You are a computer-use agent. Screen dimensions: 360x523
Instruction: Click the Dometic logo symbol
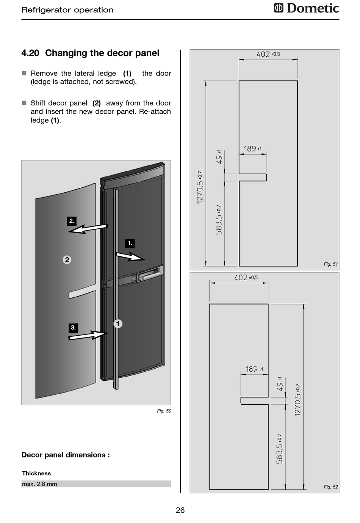click(279, 8)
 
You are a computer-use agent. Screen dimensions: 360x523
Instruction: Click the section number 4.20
click(30, 53)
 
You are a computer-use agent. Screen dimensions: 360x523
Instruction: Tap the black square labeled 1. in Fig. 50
click(130, 243)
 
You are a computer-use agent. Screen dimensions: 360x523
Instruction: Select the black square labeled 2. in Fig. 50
click(71, 221)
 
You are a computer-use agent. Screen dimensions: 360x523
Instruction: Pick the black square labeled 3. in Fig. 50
click(73, 328)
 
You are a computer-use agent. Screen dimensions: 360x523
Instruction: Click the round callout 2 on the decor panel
click(67, 260)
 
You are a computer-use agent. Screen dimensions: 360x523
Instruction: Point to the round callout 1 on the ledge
click(118, 324)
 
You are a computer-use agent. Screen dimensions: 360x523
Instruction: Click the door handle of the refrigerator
click(149, 274)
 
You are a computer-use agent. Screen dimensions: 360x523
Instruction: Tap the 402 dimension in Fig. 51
click(268, 54)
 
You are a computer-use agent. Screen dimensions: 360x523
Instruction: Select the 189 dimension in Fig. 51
click(253, 149)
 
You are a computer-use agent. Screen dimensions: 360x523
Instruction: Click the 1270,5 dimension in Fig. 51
click(199, 187)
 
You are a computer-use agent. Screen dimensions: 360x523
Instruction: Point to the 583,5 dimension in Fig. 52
click(279, 449)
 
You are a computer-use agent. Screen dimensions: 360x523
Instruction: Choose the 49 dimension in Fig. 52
click(280, 383)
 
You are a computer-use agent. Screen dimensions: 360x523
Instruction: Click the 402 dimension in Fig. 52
click(246, 277)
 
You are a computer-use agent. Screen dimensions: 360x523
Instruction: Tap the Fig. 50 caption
click(164, 411)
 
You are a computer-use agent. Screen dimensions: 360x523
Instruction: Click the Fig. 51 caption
click(330, 264)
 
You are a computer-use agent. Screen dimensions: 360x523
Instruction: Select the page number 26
click(180, 510)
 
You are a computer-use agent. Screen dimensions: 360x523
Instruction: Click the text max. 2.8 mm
click(39, 484)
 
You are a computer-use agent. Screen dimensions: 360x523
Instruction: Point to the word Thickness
click(36, 473)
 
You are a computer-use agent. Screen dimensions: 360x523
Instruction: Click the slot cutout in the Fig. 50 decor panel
click(82, 294)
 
